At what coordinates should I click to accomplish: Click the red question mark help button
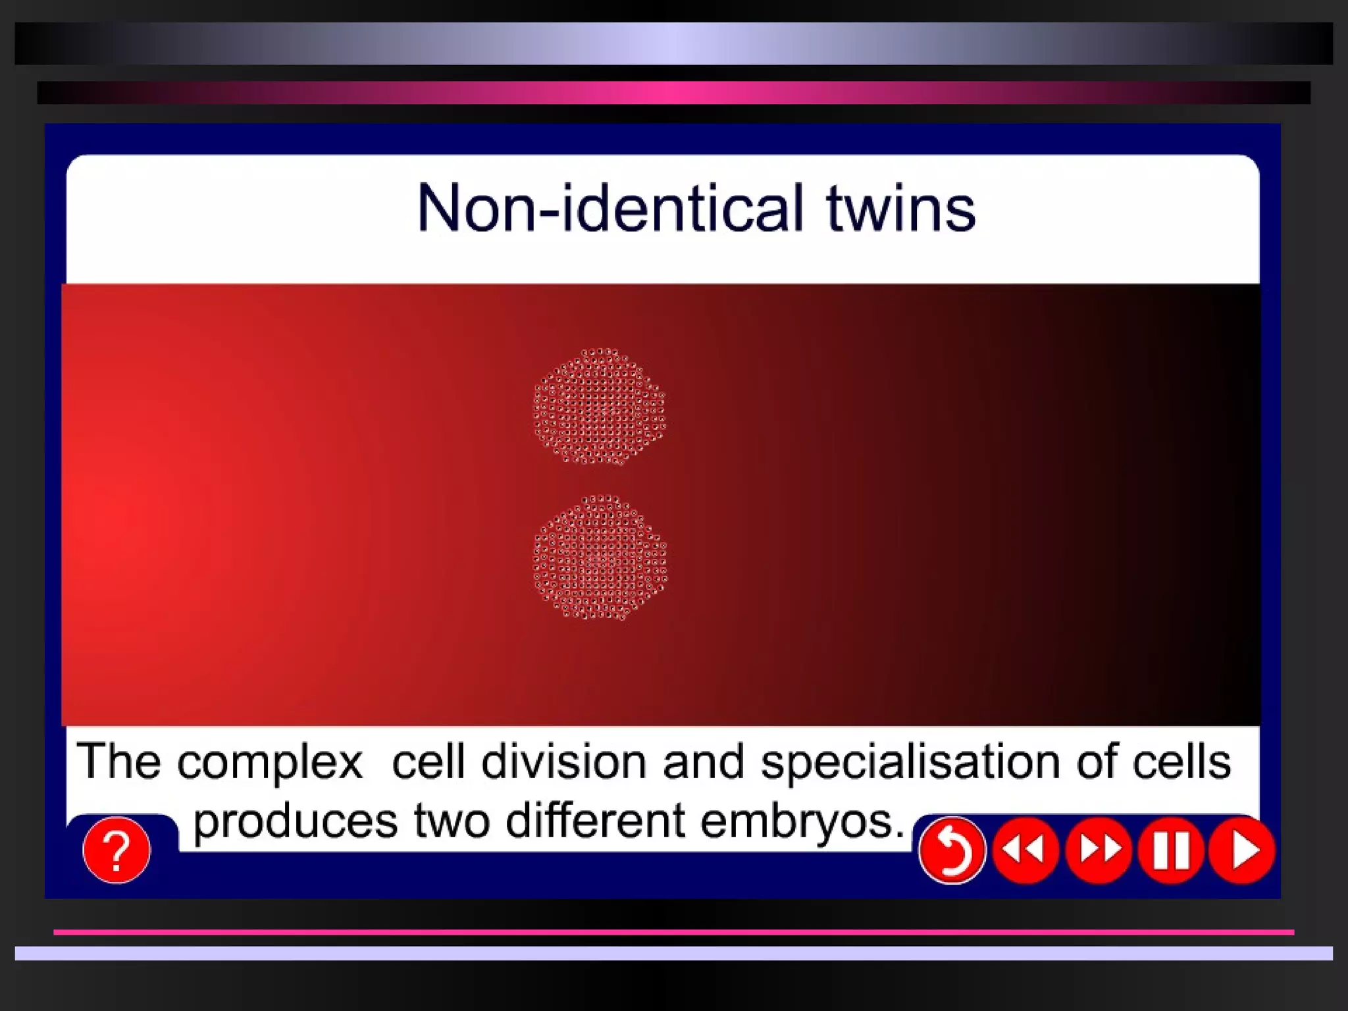pyautogui.click(x=117, y=850)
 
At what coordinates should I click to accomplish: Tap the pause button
pyautogui.click(x=1171, y=850)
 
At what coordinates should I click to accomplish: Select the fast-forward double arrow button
pyautogui.click(x=1099, y=850)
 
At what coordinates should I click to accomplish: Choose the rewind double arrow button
pyautogui.click(x=1025, y=850)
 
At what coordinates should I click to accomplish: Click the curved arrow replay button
pyautogui.click(x=952, y=850)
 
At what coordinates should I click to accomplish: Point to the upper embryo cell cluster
pyautogui.click(x=599, y=407)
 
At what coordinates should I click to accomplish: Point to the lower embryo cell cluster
pyautogui.click(x=599, y=557)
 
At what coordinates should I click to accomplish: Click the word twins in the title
pyautogui.click(x=900, y=209)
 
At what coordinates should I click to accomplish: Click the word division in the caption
pyautogui.click(x=563, y=762)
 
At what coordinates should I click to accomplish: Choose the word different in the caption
pyautogui.click(x=595, y=821)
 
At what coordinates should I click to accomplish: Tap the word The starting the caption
pyautogui.click(x=118, y=762)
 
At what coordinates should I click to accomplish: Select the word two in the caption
pyautogui.click(x=452, y=821)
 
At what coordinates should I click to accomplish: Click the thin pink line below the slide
pyautogui.click(x=673, y=932)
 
